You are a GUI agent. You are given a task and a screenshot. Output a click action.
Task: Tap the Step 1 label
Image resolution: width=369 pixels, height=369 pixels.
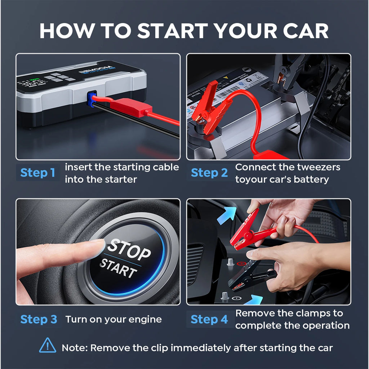[x=38, y=173]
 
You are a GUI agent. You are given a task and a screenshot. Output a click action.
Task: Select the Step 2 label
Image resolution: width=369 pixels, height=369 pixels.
[x=209, y=173]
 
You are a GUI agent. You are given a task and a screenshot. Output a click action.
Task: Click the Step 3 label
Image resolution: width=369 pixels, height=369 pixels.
[x=39, y=319]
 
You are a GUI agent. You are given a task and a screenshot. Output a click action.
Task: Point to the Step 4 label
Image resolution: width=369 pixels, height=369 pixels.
[x=209, y=319]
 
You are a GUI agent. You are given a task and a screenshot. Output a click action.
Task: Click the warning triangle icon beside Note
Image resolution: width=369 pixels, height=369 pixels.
[x=48, y=346]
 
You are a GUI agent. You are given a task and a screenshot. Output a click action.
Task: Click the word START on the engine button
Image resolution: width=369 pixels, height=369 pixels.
[x=118, y=268]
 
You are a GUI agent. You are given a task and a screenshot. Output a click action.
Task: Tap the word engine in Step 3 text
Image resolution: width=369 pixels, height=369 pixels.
[x=145, y=319]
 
